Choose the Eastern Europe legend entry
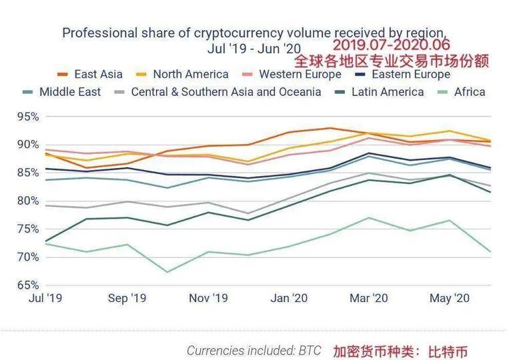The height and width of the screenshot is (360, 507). [x=410, y=75]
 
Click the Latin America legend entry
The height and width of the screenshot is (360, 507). [x=387, y=92]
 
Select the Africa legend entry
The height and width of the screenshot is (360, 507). [x=470, y=92]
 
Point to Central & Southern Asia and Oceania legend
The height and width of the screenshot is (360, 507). [x=225, y=92]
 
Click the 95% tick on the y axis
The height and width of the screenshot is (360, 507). [x=27, y=117]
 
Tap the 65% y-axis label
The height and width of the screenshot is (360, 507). [x=27, y=285]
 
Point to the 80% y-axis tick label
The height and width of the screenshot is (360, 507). [x=27, y=201]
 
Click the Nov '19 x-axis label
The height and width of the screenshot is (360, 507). [x=207, y=299]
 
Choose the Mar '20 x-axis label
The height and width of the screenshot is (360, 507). [x=369, y=299]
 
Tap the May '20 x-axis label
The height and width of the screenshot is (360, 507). [x=450, y=299]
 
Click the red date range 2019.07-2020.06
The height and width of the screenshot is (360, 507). [x=391, y=45]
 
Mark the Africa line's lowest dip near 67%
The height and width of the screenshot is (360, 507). [x=167, y=272]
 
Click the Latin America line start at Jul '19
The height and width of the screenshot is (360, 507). [x=45, y=241]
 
